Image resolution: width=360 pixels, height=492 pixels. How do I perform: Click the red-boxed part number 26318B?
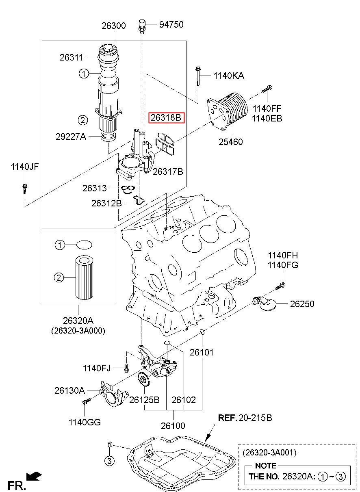166,118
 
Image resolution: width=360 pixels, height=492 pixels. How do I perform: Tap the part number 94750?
171,25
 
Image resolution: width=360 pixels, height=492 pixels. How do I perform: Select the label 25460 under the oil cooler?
230,142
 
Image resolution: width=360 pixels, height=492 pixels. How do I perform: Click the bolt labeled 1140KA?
198,76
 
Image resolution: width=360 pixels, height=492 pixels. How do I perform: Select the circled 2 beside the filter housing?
82,119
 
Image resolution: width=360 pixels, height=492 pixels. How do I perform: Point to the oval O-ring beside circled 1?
84,245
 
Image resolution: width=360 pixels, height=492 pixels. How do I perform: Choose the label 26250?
302,304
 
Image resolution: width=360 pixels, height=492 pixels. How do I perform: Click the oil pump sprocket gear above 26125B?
143,380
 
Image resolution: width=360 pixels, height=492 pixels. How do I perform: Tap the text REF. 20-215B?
245,418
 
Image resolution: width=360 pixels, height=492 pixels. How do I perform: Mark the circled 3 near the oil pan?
109,460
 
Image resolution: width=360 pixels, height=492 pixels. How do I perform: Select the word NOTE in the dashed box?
266,466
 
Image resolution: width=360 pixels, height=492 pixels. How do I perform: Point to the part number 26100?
173,426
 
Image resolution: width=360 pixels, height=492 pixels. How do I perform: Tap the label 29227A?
71,137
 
